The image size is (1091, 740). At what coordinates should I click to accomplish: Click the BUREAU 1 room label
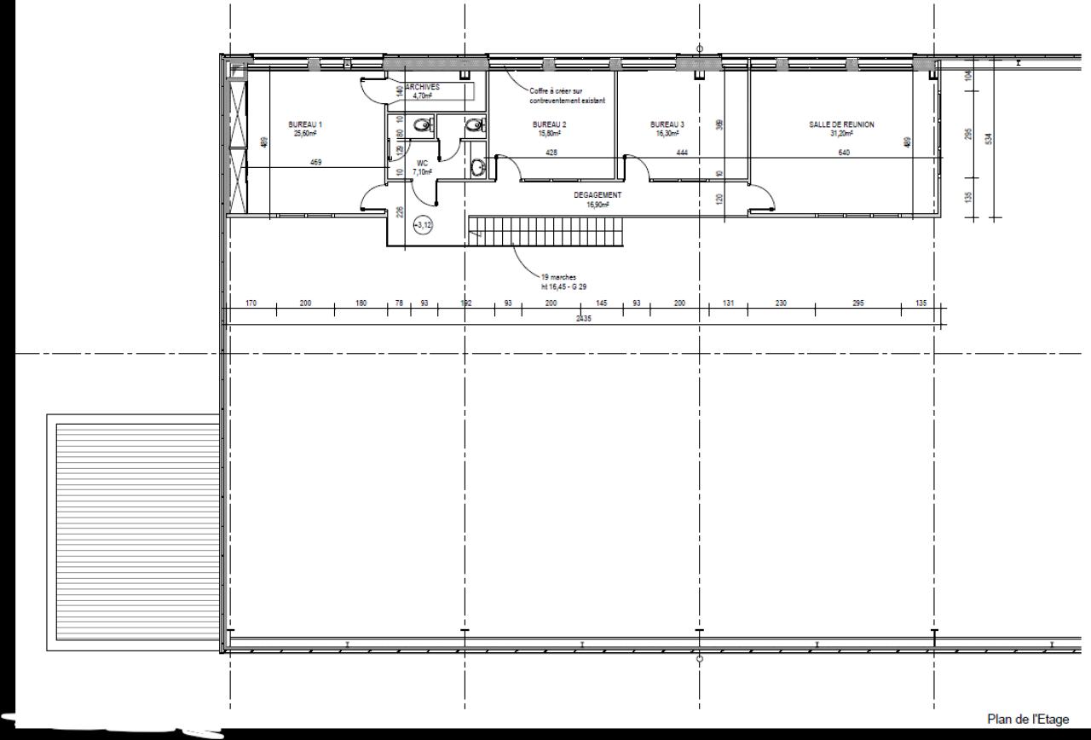pos(304,124)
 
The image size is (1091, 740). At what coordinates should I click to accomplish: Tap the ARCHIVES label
pos(423,88)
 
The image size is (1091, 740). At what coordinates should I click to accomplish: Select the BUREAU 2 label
pos(549,124)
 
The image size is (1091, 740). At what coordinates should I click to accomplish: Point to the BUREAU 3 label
pos(667,124)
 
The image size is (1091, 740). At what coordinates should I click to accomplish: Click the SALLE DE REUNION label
pos(841,124)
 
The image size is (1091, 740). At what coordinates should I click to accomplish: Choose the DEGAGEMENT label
pos(597,195)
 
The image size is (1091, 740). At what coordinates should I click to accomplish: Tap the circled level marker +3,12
pos(423,225)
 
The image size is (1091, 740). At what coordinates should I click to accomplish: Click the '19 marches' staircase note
pos(558,278)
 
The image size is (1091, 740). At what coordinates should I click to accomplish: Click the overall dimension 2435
pos(583,318)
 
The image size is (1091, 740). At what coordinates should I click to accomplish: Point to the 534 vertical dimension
pos(988,139)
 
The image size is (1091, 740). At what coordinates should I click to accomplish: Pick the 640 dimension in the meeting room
pos(844,153)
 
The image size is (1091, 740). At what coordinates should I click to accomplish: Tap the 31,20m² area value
pos(841,133)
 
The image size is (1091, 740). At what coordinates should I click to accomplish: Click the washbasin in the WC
pos(478,168)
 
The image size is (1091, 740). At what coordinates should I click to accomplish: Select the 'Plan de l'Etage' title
pos(1027,720)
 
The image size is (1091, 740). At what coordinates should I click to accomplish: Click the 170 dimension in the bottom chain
pos(251,304)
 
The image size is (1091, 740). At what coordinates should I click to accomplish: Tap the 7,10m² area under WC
pos(422,171)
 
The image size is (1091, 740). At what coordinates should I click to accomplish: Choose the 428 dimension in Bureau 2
pos(551,153)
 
